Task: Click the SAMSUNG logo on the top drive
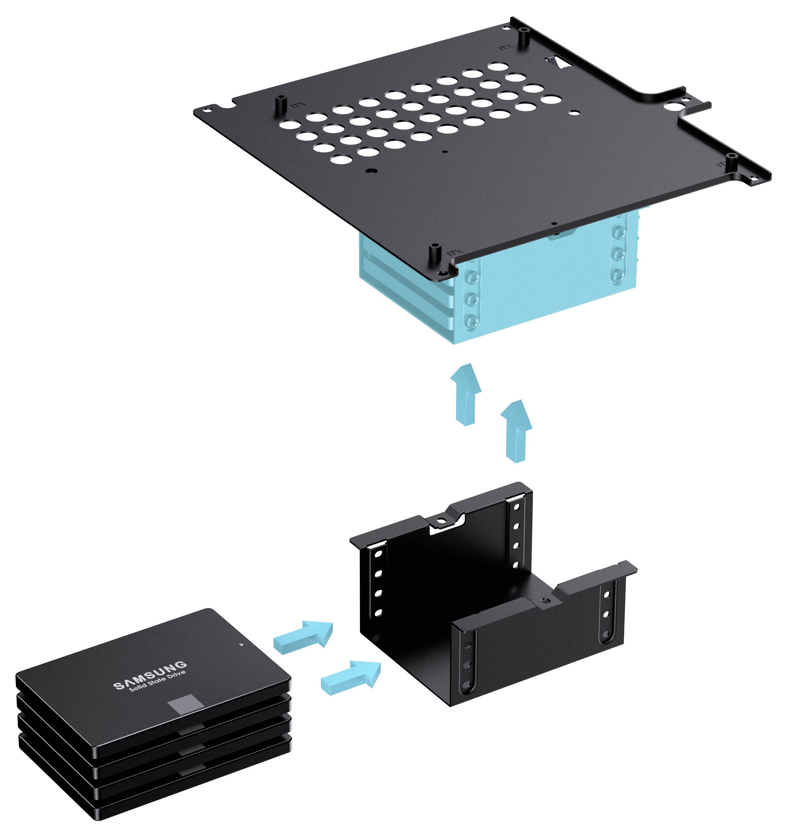[x=150, y=675]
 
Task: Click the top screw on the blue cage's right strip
[x=619, y=232]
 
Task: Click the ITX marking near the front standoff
[x=454, y=253]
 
